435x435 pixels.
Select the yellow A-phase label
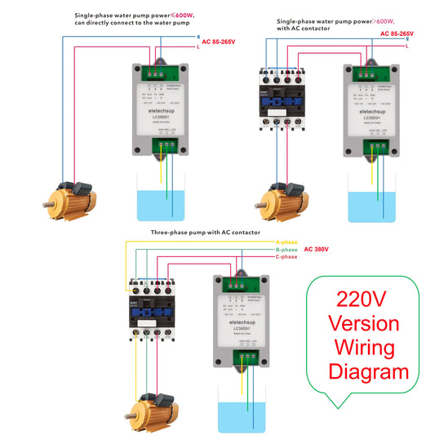tap(286, 242)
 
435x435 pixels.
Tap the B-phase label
tap(286, 250)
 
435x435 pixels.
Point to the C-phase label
tap(286, 257)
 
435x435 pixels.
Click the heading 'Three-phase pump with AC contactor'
tap(205, 233)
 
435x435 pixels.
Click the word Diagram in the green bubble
tap(368, 372)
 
